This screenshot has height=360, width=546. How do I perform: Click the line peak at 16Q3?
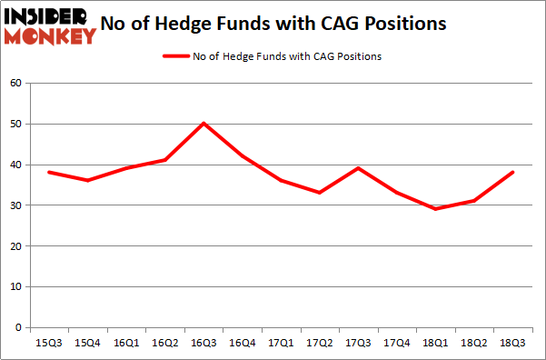coord(204,123)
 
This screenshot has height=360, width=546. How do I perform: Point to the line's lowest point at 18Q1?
coord(437,209)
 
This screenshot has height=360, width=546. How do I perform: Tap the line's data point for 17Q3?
coord(360,168)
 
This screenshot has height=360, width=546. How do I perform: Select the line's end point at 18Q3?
coord(514,172)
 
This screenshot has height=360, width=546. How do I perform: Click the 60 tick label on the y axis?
coord(15,84)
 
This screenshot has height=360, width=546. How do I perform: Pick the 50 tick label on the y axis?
coord(15,124)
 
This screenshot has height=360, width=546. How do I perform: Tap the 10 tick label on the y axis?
coord(15,286)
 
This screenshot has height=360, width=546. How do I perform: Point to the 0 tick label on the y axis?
coord(19,327)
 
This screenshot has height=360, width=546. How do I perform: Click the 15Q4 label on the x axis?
coord(88,343)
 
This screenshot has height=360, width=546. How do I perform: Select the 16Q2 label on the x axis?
coord(165,343)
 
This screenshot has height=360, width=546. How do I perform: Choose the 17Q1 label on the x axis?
coord(282,343)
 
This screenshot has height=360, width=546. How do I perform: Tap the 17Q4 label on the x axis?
coord(398,343)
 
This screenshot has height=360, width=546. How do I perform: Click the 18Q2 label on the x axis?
coord(475,343)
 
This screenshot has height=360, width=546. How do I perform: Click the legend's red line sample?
coord(175,56)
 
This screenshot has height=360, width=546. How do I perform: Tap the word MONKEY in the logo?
coord(50,36)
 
